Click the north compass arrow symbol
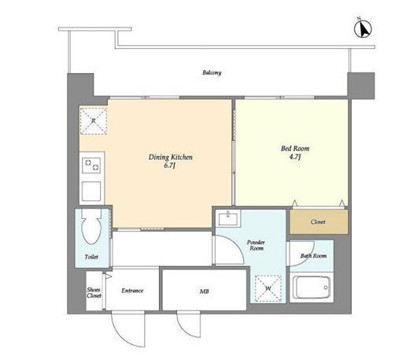pyautogui.click(x=363, y=29)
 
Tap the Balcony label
pyautogui.click(x=212, y=72)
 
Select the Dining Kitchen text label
pyautogui.click(x=171, y=157)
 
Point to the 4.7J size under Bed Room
pyautogui.click(x=295, y=157)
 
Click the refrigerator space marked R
pyautogui.click(x=94, y=121)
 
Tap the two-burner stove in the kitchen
pyautogui.click(x=91, y=165)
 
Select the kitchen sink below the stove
pyautogui.click(x=91, y=191)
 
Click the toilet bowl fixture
pyautogui.click(x=91, y=226)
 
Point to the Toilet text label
pyautogui.click(x=91, y=257)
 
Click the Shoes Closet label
pyautogui.click(x=94, y=292)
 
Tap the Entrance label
pyautogui.click(x=132, y=291)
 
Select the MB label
pyautogui.click(x=205, y=291)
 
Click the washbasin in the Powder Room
pyautogui.click(x=228, y=218)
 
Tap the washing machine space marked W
pyautogui.click(x=268, y=288)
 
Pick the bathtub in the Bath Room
pyautogui.click(x=311, y=288)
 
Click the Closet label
pyautogui.click(x=318, y=222)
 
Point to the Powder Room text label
pyautogui.click(x=256, y=245)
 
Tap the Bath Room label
pyautogui.click(x=313, y=255)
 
